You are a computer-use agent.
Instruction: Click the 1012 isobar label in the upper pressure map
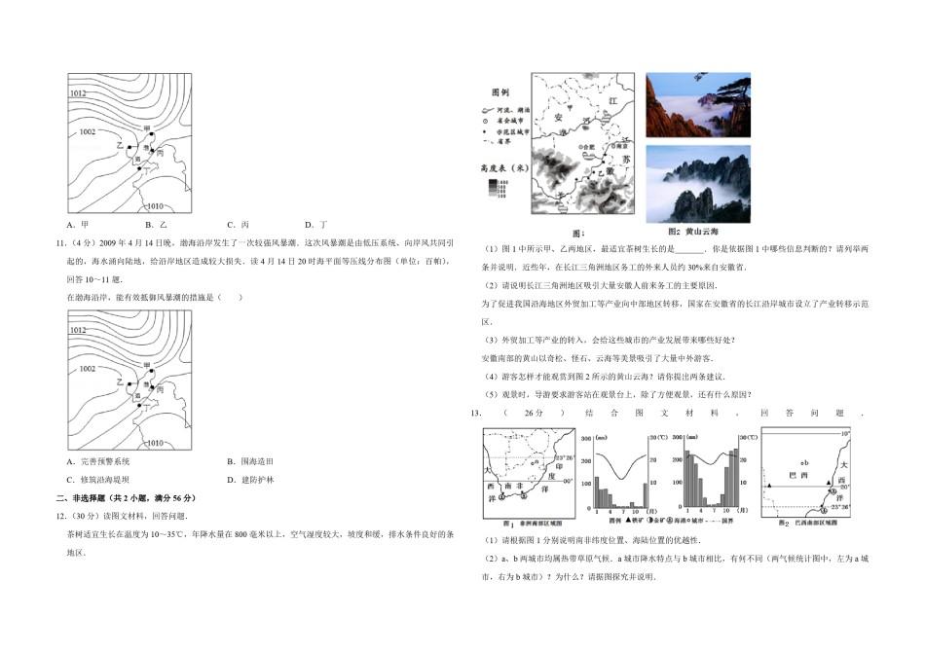tap(79, 93)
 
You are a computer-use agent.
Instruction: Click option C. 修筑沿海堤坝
tap(103, 480)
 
